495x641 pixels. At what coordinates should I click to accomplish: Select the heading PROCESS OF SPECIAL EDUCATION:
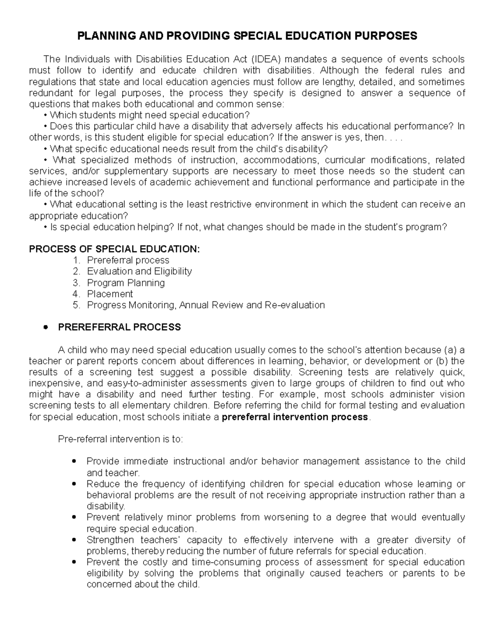point(114,249)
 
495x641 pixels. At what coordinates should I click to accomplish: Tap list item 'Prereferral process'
point(128,260)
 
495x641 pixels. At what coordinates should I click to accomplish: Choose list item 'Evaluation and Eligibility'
point(139,272)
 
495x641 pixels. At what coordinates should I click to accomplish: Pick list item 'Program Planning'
point(126,283)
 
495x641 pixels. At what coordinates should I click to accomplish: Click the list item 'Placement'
point(110,294)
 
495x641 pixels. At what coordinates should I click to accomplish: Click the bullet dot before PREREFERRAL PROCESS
point(46,328)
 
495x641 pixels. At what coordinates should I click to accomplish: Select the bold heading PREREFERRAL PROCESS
point(120,328)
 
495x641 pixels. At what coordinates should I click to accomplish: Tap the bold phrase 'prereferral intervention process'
point(295,417)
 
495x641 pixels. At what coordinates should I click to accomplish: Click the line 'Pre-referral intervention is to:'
point(120,439)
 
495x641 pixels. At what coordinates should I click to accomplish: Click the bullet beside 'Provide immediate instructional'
point(74,461)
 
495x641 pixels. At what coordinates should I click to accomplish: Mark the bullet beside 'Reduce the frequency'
point(74,484)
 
